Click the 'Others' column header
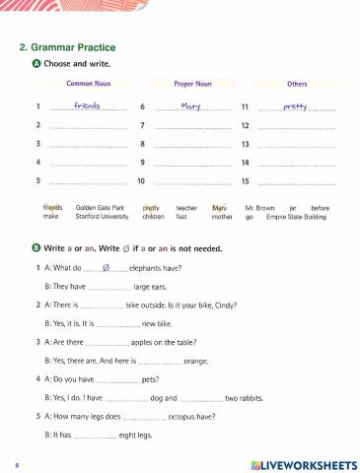pyautogui.click(x=297, y=84)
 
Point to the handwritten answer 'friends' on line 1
pyautogui.click(x=89, y=105)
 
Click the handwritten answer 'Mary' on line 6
pyautogui.click(x=193, y=105)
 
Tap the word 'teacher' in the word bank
pyautogui.click(x=186, y=208)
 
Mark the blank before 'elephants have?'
pyautogui.click(x=105, y=267)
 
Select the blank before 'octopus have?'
pyautogui.click(x=144, y=417)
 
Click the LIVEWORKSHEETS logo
pyautogui.click(x=298, y=463)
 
